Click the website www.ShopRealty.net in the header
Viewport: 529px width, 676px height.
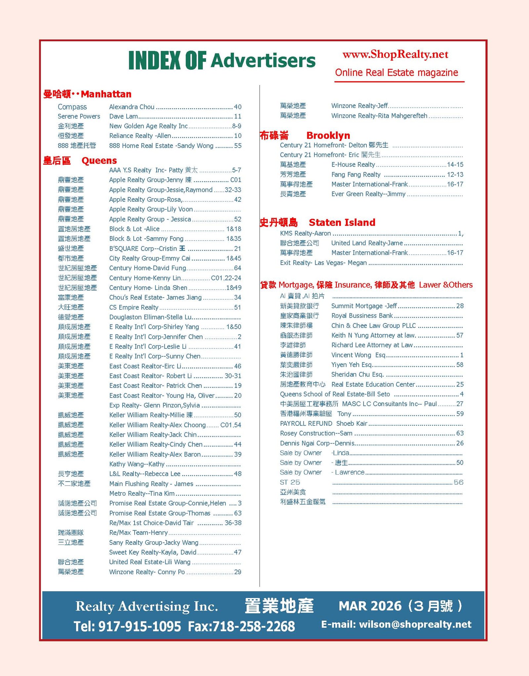[395, 54]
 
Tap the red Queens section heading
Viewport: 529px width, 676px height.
[99, 161]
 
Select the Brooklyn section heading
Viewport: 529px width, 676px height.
[328, 136]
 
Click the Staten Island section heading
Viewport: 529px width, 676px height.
[342, 223]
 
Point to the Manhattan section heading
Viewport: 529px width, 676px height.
[106, 94]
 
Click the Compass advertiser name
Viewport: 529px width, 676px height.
[72, 107]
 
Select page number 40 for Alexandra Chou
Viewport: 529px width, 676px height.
[237, 107]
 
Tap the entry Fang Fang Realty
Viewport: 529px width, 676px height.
[356, 175]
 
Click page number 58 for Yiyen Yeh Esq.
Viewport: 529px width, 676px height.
[460, 365]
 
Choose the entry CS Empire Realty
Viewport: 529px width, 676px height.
[134, 308]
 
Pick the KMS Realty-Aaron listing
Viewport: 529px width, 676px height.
[305, 233]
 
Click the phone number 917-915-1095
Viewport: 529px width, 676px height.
[140, 626]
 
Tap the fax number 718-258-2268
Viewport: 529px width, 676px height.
[253, 626]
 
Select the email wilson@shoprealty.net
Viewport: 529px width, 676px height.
[415, 624]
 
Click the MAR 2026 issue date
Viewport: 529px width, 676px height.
[370, 606]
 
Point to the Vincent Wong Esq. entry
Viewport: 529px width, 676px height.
[358, 355]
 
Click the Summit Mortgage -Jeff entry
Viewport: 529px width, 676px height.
[364, 306]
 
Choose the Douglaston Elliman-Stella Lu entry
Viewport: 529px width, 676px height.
[150, 317]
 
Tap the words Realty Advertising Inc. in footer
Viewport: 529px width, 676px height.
[146, 606]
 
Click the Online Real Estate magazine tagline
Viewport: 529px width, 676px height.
[396, 73]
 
